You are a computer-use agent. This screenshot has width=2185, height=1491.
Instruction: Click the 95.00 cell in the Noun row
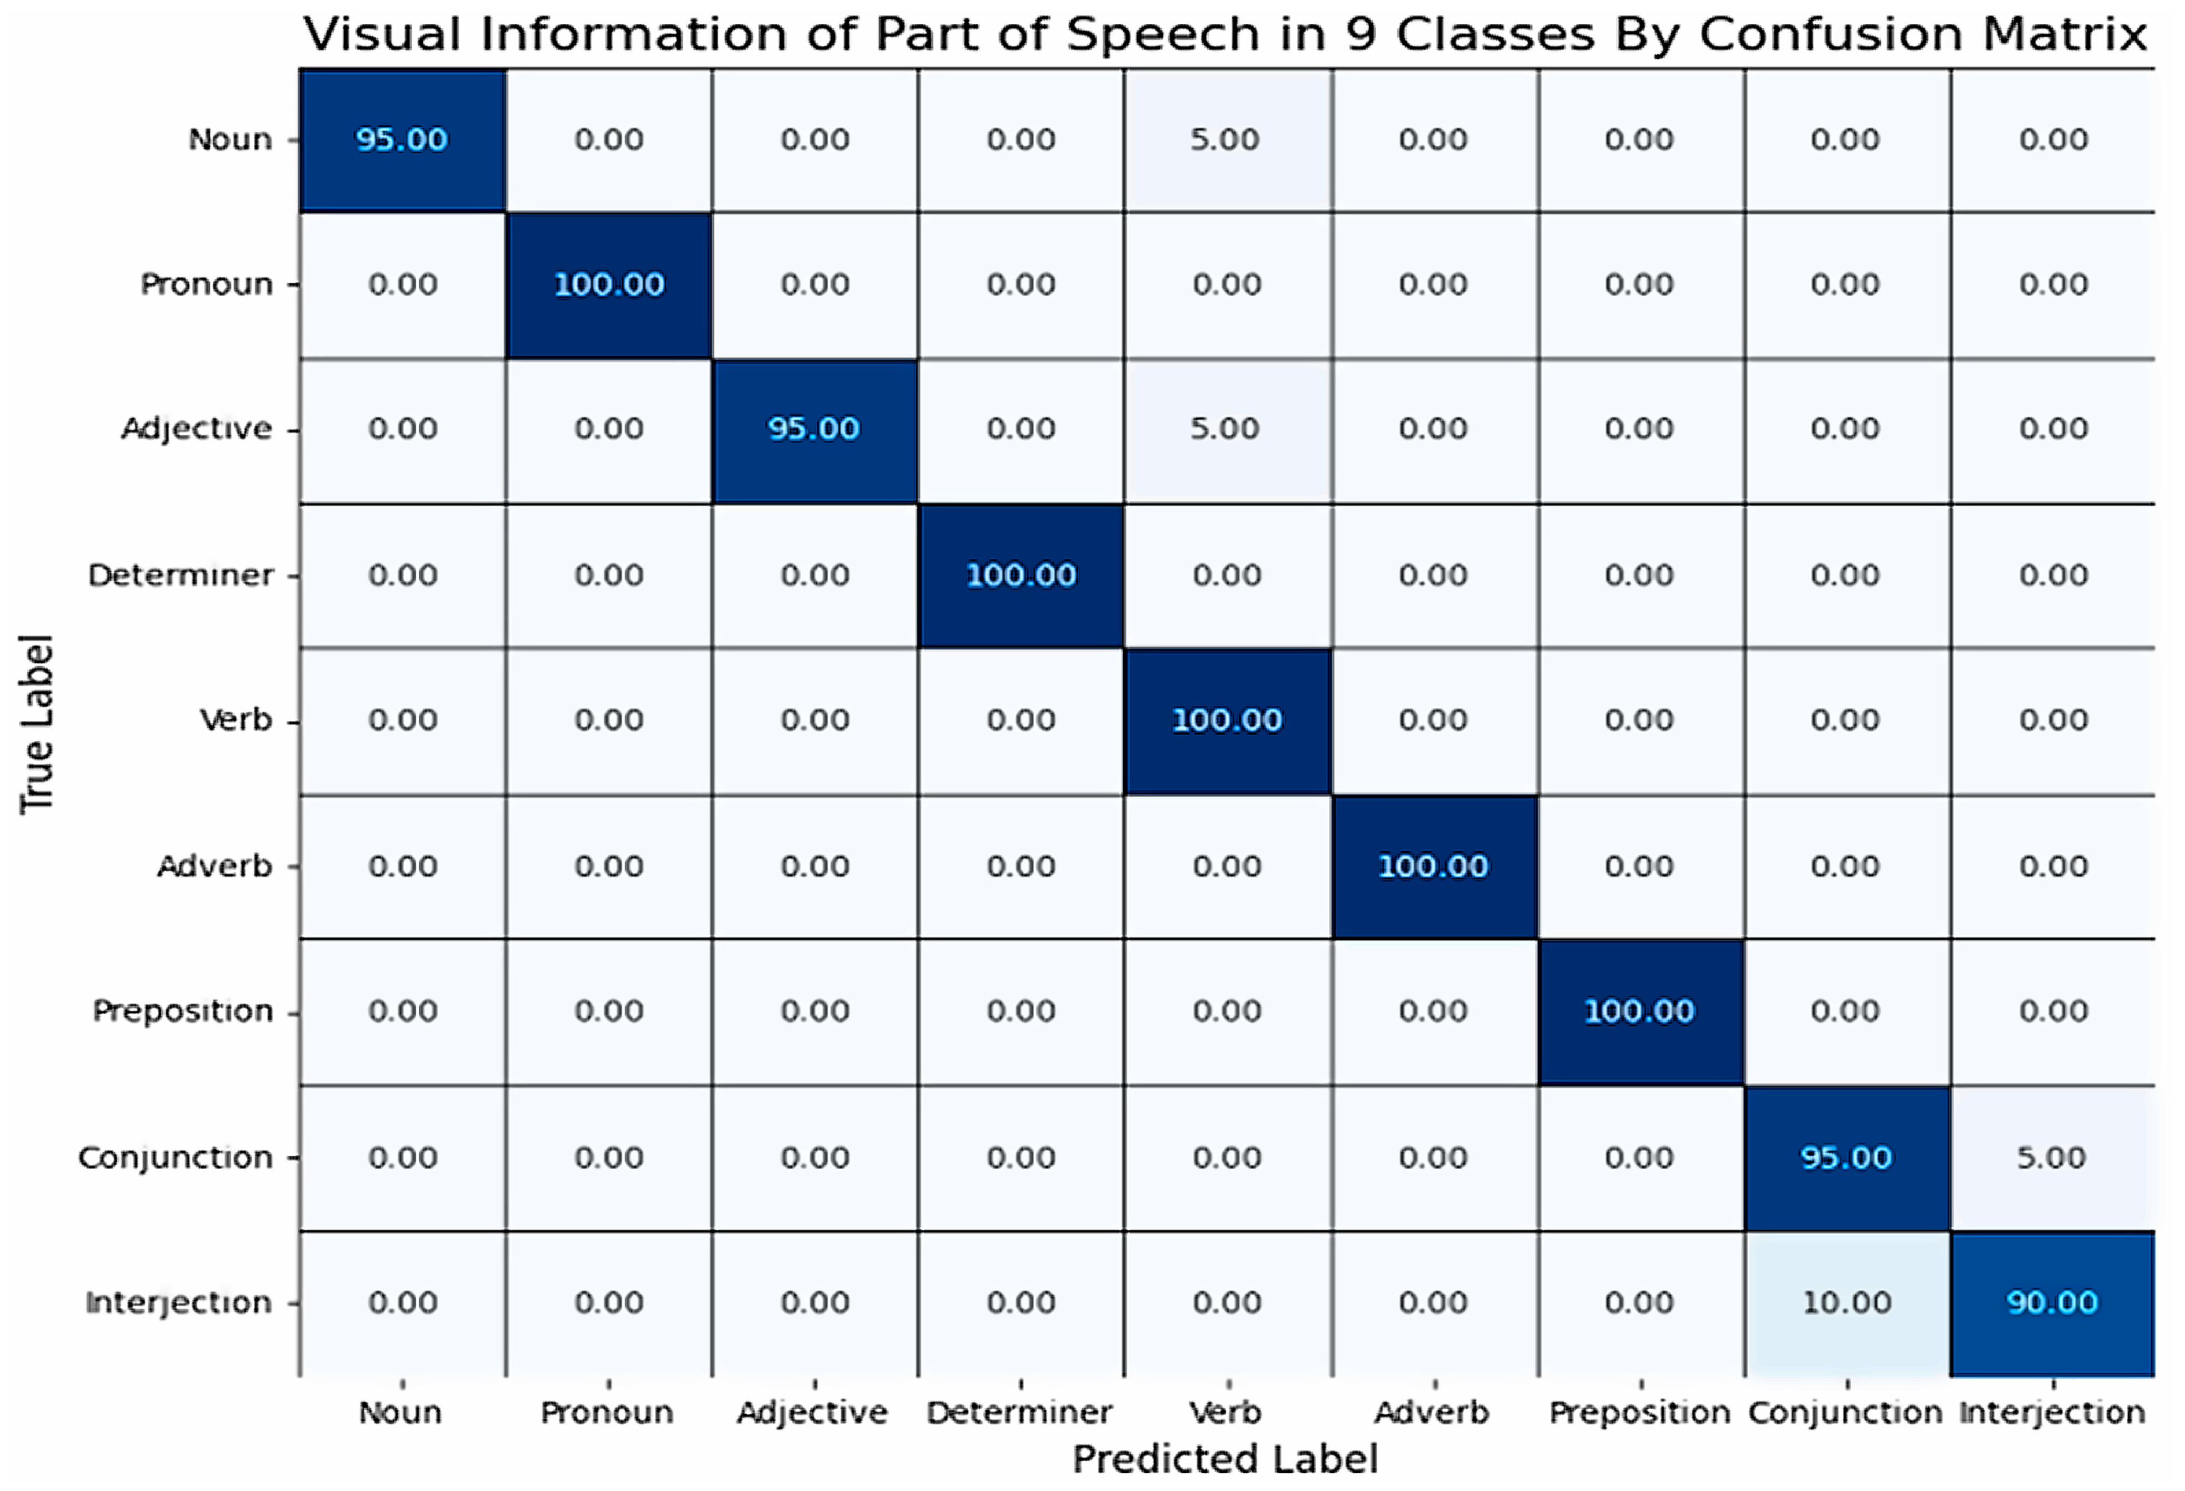click(402, 140)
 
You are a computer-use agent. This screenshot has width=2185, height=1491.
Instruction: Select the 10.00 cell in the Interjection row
click(1846, 1303)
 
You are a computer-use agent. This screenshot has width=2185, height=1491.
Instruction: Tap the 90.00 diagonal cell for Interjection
click(2052, 1303)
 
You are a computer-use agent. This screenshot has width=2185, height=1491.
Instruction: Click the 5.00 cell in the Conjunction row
click(2052, 1157)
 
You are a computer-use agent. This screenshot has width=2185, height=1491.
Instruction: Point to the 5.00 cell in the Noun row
click(1226, 140)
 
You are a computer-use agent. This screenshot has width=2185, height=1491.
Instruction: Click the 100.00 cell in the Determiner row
click(1021, 575)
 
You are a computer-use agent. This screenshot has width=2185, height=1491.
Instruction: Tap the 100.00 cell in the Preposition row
click(1639, 1011)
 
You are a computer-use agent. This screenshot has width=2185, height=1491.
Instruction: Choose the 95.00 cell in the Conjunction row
click(1846, 1157)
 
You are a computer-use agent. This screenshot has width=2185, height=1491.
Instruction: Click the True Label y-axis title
click(38, 724)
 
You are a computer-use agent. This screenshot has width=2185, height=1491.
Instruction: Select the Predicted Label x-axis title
click(1225, 1459)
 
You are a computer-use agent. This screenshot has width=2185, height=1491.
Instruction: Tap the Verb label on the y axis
click(236, 721)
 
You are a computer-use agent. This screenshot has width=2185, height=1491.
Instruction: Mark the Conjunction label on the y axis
click(176, 1158)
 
